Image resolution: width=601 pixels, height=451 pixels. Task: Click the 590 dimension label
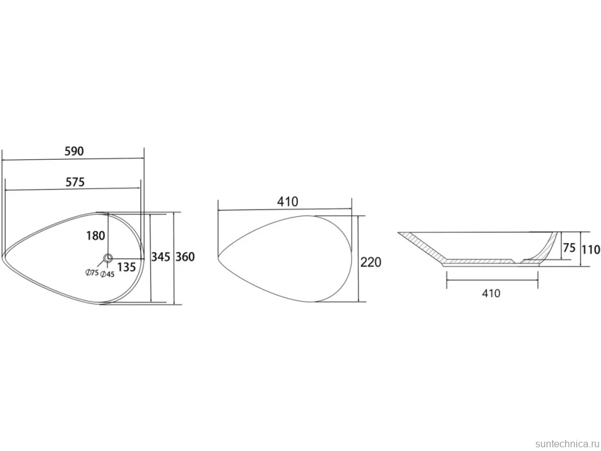74,151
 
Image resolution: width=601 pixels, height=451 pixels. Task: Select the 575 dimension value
75,182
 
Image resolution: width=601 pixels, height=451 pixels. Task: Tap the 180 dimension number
95,235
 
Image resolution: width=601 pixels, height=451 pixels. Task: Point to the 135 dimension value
126,266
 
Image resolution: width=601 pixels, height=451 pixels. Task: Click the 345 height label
160,256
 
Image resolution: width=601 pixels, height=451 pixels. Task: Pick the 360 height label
185,256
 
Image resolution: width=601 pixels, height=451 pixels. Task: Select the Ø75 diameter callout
92,273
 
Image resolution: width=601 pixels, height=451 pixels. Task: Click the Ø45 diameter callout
107,274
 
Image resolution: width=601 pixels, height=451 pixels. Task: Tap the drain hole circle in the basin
108,258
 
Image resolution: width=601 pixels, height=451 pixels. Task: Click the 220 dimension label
371,263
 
